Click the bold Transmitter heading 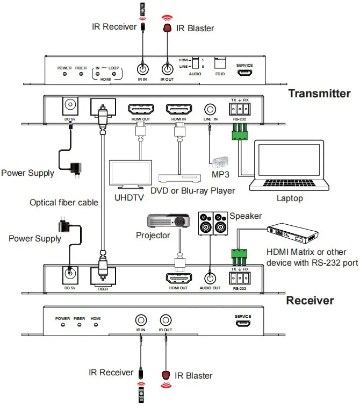click(x=319, y=93)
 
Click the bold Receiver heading click(x=309, y=300)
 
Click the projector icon click(x=169, y=221)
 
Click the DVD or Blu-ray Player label click(x=192, y=191)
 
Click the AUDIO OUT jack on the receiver click(x=210, y=277)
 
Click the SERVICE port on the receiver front click(x=242, y=324)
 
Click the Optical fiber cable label click(x=64, y=203)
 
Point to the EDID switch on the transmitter click(x=220, y=62)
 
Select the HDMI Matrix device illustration click(x=293, y=233)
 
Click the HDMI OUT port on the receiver click(x=179, y=277)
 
